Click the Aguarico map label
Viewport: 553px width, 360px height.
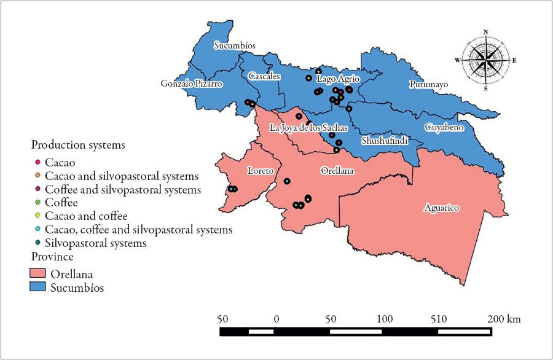coord(442,208)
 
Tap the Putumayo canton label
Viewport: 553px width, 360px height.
coord(428,84)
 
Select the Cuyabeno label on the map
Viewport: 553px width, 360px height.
coord(444,127)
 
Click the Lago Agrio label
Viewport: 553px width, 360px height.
coord(338,79)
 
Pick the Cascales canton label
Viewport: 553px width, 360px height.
coord(265,76)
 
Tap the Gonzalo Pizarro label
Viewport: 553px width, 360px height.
coord(191,83)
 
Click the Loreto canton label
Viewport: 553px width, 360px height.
coord(259,170)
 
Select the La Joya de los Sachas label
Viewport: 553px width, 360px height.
coord(309,128)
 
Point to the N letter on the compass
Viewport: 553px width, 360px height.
coord(485,32)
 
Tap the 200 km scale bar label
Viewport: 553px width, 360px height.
coord(505,319)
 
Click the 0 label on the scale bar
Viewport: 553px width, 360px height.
coord(276,319)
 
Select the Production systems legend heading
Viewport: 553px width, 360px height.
coord(78,146)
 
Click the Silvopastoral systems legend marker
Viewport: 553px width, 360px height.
coord(37,243)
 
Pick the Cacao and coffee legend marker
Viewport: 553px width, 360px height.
coord(37,216)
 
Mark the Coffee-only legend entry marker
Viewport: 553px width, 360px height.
coord(37,202)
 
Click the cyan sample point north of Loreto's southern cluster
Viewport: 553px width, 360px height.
coord(287,181)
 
